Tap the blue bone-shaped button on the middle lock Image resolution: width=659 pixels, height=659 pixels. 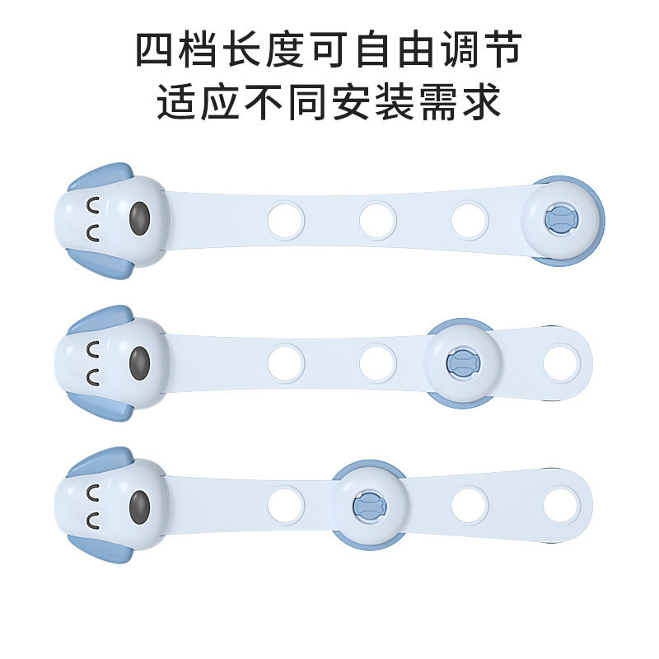(460, 361)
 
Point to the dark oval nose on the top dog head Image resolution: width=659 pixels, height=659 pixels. (139, 219)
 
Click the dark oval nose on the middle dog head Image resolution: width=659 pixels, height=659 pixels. (140, 361)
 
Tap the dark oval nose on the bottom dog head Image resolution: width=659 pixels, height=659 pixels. (140, 502)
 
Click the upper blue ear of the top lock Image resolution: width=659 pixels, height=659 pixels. (100, 175)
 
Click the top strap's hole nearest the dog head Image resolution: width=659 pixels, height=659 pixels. (286, 219)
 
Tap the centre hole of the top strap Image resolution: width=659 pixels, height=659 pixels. (376, 219)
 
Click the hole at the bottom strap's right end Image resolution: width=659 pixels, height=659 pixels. (562, 502)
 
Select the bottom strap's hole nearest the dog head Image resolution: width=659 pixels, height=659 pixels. (286, 502)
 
